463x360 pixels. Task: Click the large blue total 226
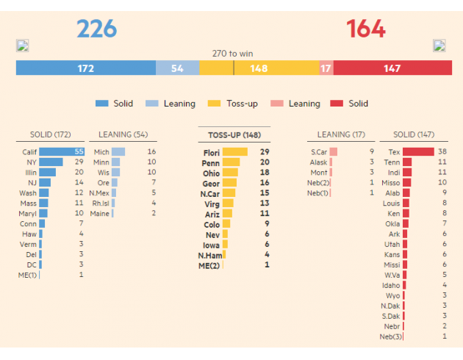pos(97,29)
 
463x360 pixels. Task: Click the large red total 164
pos(366,29)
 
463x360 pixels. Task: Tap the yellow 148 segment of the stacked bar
pos(259,68)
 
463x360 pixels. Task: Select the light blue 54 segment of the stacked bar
pos(177,68)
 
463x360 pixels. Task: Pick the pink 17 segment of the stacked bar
pos(326,68)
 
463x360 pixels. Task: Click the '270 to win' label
pos(232,54)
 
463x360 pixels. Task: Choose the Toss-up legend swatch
pos(214,104)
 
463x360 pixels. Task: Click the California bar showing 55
pos(62,151)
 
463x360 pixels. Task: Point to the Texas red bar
pos(418,151)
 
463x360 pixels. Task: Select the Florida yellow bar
pos(235,152)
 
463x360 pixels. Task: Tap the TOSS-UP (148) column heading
pos(234,135)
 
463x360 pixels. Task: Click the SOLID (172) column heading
pos(51,134)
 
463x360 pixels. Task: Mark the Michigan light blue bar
pos(118,151)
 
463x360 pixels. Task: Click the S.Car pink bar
pos(334,151)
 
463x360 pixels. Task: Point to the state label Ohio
pos(212,173)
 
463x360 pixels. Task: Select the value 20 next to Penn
pos(265,162)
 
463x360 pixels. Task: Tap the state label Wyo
pos(392,295)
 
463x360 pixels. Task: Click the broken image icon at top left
pos(23,46)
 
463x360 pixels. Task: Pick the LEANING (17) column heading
pos(341,134)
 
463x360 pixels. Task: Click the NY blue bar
pos(51,162)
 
